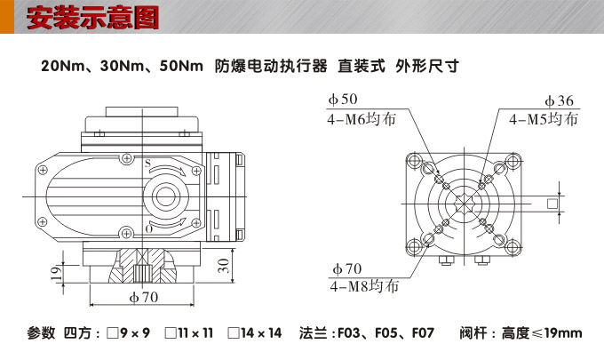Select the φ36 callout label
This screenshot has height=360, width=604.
point(559,100)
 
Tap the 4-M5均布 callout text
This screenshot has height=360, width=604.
point(543,118)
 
